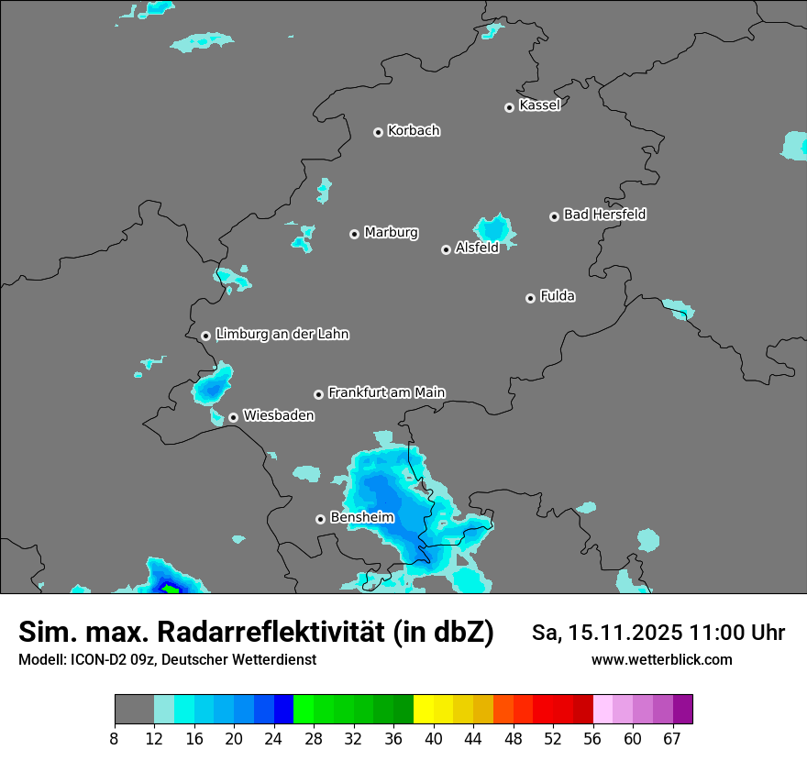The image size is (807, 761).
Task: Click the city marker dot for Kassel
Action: pos(509,107)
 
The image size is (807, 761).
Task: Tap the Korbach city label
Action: pos(414,130)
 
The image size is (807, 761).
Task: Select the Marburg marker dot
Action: pos(354,234)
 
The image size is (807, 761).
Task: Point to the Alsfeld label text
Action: pos(477,248)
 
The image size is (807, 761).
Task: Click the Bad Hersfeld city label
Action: pos(604,215)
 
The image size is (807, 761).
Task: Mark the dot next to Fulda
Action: pos(530,298)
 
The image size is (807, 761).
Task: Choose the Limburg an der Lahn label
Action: pos(282,335)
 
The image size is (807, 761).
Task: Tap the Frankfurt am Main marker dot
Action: pos(318,394)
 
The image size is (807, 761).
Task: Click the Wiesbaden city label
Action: pos(278,415)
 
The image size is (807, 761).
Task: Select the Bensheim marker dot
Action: pos(320,519)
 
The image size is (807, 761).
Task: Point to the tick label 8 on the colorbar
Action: pos(114,738)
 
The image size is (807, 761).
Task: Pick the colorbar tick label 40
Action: pos(434,738)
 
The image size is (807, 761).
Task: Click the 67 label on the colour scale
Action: pos(672,738)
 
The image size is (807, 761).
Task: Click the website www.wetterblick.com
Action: pos(661,659)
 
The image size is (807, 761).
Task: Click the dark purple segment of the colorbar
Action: pos(682,710)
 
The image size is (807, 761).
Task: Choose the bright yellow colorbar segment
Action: pos(424,710)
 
